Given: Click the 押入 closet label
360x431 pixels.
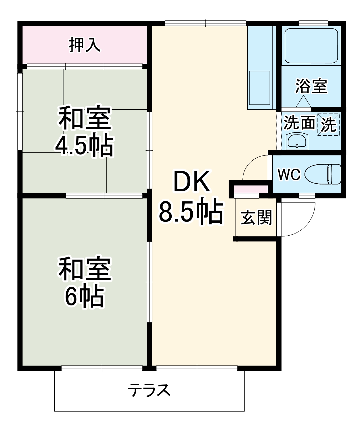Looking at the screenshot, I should click(85, 45).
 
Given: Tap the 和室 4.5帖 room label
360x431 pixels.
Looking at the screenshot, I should click(85, 131).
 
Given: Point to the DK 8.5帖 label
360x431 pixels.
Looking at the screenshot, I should click(191, 199).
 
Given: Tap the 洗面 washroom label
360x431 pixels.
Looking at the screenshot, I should click(299, 123).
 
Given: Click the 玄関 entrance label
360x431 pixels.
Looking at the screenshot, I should click(256, 217).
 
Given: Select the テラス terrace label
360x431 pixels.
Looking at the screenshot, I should click(149, 390).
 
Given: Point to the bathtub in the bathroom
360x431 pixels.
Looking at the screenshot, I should click(311, 45).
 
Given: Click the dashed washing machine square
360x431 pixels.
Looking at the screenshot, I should click(329, 124).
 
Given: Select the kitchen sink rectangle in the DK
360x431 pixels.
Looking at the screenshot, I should click(260, 88).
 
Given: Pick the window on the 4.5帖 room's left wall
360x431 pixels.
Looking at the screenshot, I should click(20, 111).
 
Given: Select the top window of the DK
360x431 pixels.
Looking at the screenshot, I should click(206, 23).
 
